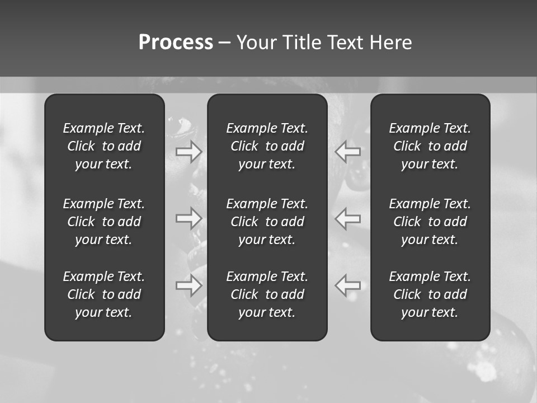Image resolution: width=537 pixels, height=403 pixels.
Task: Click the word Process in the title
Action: [176, 43]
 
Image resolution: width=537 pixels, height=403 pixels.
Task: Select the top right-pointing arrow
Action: [189, 151]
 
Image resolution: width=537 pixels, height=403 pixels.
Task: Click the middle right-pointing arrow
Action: [189, 218]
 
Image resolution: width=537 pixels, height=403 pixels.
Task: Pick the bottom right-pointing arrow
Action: [189, 285]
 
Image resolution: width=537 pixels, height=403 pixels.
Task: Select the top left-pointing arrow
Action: [348, 151]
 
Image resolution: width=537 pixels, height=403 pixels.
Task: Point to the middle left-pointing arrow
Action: [348, 218]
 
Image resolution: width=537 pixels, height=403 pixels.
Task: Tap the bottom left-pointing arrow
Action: [348, 285]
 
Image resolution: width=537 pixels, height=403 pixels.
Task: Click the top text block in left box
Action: [104, 146]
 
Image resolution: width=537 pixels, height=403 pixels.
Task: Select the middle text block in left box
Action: [104, 222]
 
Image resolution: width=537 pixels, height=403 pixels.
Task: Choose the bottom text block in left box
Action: [104, 294]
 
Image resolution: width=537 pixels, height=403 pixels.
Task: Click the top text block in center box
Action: [267, 146]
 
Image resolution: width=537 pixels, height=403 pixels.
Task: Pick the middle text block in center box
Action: [267, 222]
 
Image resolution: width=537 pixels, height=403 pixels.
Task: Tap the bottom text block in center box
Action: [267, 294]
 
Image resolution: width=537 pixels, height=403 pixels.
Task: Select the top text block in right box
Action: [430, 146]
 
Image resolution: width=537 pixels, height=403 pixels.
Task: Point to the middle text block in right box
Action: [430, 222]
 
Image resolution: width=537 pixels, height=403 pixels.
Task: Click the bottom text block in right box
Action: [430, 294]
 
